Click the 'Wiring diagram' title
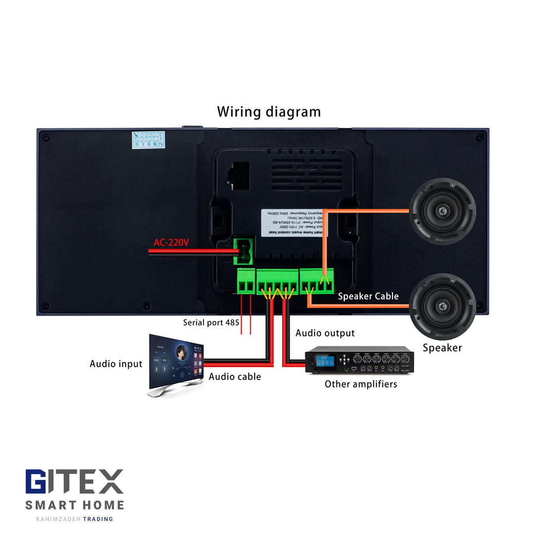[268, 112]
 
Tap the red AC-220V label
[171, 243]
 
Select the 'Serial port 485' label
[211, 322]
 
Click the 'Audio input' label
[116, 364]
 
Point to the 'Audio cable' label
[234, 377]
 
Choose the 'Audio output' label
[325, 333]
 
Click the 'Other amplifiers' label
[361, 384]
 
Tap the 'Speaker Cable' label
[368, 296]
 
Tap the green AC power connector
[244, 251]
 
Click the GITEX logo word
[74, 482]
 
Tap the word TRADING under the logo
[98, 519]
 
